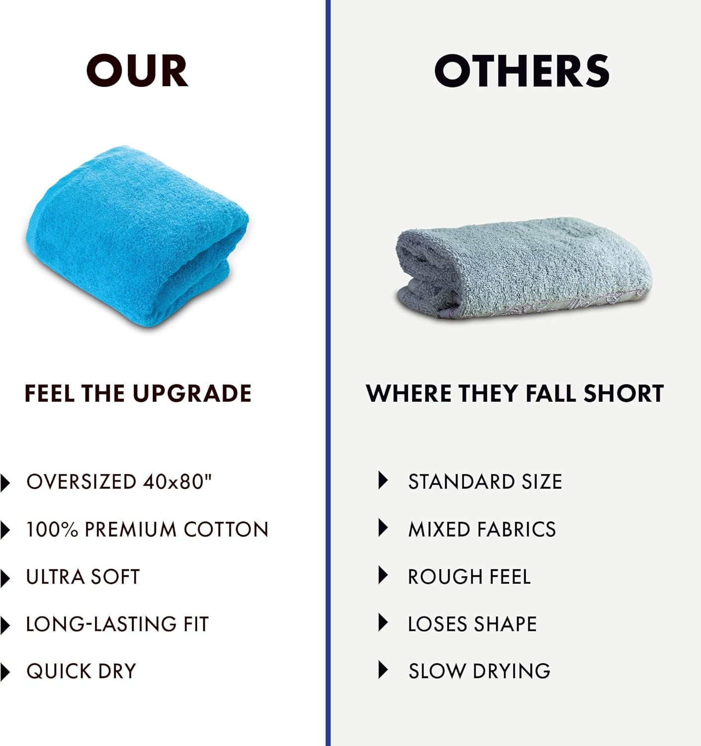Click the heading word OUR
(137, 71)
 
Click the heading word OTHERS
(522, 71)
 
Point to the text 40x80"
(177, 482)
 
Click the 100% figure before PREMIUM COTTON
(52, 529)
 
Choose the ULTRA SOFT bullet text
(83, 577)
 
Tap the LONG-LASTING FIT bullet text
(117, 624)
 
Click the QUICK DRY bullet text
(81, 671)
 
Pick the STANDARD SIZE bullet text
(485, 482)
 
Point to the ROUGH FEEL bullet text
(469, 577)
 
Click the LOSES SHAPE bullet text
(472, 624)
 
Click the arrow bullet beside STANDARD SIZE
(383, 480)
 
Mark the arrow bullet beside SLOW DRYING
(383, 670)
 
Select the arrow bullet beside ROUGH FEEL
(383, 575)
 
